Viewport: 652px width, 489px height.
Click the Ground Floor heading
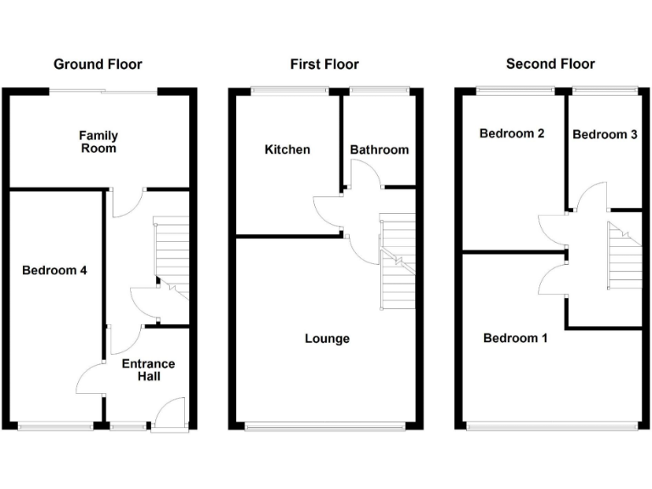(x=98, y=65)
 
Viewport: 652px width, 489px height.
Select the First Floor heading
(x=324, y=65)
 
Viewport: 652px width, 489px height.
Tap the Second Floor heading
(x=550, y=64)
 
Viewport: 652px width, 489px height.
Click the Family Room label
(x=98, y=142)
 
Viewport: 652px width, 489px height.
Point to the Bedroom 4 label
(x=54, y=271)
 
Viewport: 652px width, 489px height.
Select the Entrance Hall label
(x=149, y=370)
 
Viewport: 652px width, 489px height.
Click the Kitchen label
(x=288, y=149)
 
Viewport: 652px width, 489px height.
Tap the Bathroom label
(x=379, y=149)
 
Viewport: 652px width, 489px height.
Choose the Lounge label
(x=327, y=339)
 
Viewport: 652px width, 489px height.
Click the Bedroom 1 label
(x=515, y=338)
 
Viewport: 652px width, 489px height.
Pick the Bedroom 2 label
(x=511, y=133)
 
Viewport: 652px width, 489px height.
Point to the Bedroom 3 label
(x=604, y=134)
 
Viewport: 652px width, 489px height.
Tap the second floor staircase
(x=625, y=255)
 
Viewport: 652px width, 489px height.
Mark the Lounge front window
(x=325, y=426)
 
